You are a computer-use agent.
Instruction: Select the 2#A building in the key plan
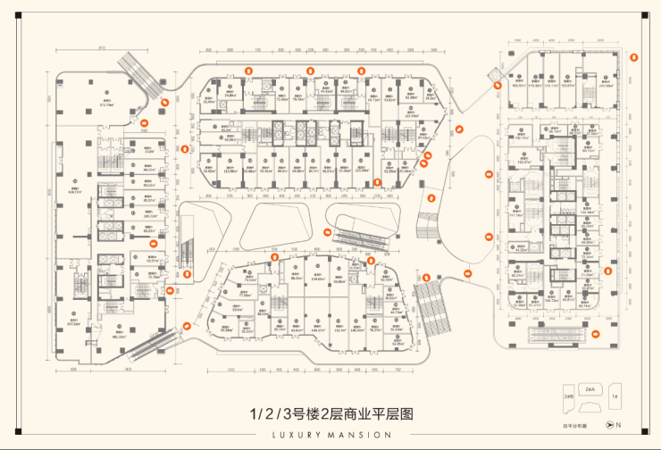click(589, 390)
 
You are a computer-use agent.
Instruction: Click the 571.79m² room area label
click(108, 104)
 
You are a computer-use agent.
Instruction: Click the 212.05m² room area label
click(606, 87)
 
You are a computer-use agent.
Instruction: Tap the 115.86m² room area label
click(231, 171)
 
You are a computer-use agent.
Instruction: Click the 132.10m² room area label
click(518, 138)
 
